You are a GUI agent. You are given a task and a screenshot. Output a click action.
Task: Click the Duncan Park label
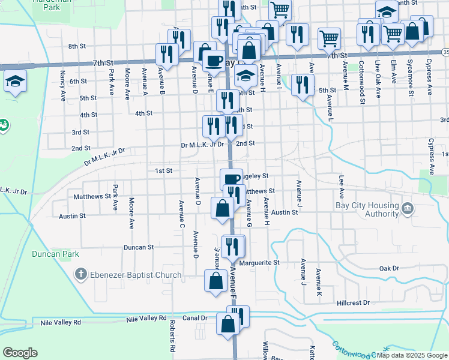(x=55, y=254)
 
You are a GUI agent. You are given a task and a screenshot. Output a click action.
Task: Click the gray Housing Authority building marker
(x=408, y=209)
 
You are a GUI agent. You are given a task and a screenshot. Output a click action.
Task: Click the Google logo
(x=20, y=353)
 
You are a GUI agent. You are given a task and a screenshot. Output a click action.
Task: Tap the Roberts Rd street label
(x=172, y=335)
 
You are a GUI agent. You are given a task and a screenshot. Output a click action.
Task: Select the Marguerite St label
(x=259, y=263)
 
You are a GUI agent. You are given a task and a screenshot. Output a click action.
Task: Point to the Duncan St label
(x=139, y=247)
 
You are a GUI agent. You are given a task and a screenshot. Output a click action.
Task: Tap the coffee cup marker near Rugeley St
(x=231, y=179)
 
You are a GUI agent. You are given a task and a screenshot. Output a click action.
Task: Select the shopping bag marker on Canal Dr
(x=228, y=325)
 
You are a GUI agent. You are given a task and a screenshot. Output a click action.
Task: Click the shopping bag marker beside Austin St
(x=222, y=209)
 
